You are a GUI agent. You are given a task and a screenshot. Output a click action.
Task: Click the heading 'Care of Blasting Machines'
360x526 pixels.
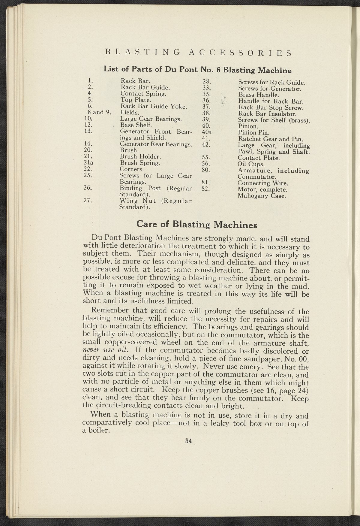197,224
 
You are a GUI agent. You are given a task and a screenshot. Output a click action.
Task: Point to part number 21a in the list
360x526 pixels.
89,163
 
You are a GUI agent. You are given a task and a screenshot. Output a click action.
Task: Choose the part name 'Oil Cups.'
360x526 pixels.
251,164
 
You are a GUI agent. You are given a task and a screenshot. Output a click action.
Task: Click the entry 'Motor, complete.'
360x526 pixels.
262,190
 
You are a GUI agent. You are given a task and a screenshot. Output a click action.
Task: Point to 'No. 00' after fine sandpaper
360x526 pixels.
296,358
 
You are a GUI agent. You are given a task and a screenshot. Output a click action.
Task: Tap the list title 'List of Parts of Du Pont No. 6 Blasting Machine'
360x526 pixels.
197,70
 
